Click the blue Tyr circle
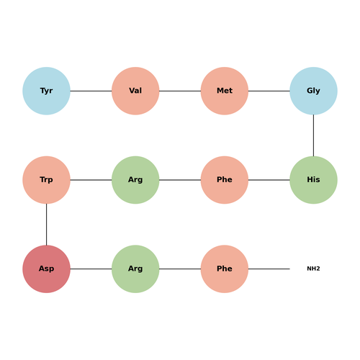tap(46, 91)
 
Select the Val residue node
tap(135, 91)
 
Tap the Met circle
tap(225, 91)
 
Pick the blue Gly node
tap(313, 91)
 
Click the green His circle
tap(313, 180)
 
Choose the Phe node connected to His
tap(225, 180)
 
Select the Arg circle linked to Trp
tap(135, 180)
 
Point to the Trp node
tap(46, 180)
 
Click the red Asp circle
tap(46, 269)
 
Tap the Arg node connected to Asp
tap(135, 269)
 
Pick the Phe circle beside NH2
tap(225, 269)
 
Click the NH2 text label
tap(313, 269)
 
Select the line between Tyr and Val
tap(91, 91)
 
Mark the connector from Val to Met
tap(180, 91)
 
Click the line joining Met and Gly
tap(269, 91)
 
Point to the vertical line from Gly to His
tap(313, 135)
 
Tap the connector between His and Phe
tap(269, 180)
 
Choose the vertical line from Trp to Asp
tap(46, 225)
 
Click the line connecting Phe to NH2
tap(269, 269)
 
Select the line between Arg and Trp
tap(91, 180)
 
